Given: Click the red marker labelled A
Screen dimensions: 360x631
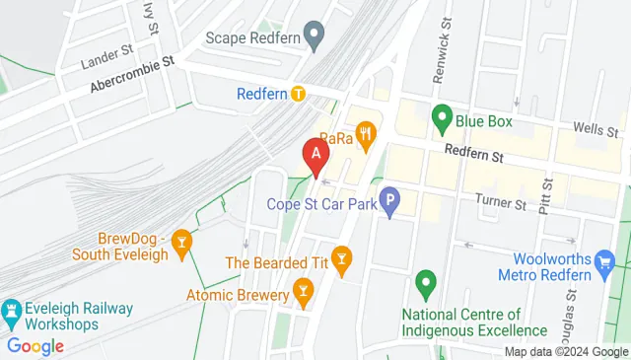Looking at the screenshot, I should [x=315, y=156].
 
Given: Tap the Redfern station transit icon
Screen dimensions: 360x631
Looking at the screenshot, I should [x=299, y=95].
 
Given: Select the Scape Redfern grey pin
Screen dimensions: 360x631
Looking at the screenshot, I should [x=315, y=37].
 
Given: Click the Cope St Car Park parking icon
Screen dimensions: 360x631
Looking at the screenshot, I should [x=390, y=204].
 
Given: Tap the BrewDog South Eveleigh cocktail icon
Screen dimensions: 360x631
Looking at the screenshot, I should [x=181, y=242].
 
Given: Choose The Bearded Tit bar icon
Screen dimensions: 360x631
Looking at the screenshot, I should [x=341, y=261].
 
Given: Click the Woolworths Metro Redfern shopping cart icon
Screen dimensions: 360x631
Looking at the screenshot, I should [x=606, y=261].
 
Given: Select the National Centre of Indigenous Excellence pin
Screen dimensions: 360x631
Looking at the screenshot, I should [x=426, y=284].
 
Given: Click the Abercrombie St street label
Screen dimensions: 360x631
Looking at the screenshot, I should [x=131, y=74].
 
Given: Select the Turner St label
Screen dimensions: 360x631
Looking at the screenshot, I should [x=501, y=203].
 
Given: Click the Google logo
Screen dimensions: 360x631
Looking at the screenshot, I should [x=35, y=346].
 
